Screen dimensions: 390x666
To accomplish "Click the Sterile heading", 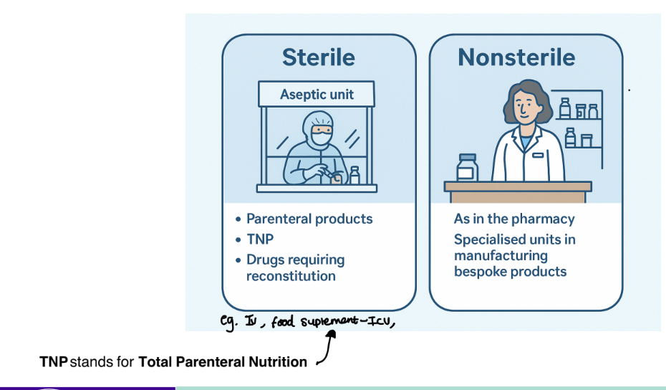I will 318,57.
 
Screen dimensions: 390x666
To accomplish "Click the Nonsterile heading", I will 516,57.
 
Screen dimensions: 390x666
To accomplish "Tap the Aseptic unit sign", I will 317,95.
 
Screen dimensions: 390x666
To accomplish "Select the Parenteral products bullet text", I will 309,219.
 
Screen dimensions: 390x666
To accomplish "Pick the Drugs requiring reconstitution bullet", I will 295,267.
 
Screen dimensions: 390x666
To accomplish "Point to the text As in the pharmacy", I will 514,219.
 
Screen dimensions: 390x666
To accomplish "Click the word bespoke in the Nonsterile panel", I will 479,272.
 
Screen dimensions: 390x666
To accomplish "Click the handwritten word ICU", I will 378,322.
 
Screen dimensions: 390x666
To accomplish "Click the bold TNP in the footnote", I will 54,362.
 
